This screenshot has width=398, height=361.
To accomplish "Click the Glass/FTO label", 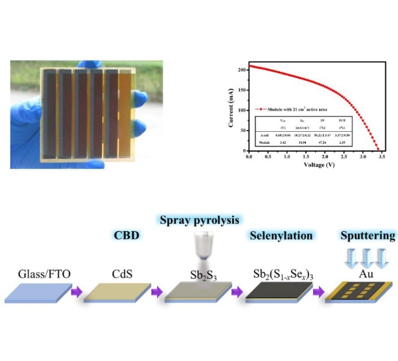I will (41, 274).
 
